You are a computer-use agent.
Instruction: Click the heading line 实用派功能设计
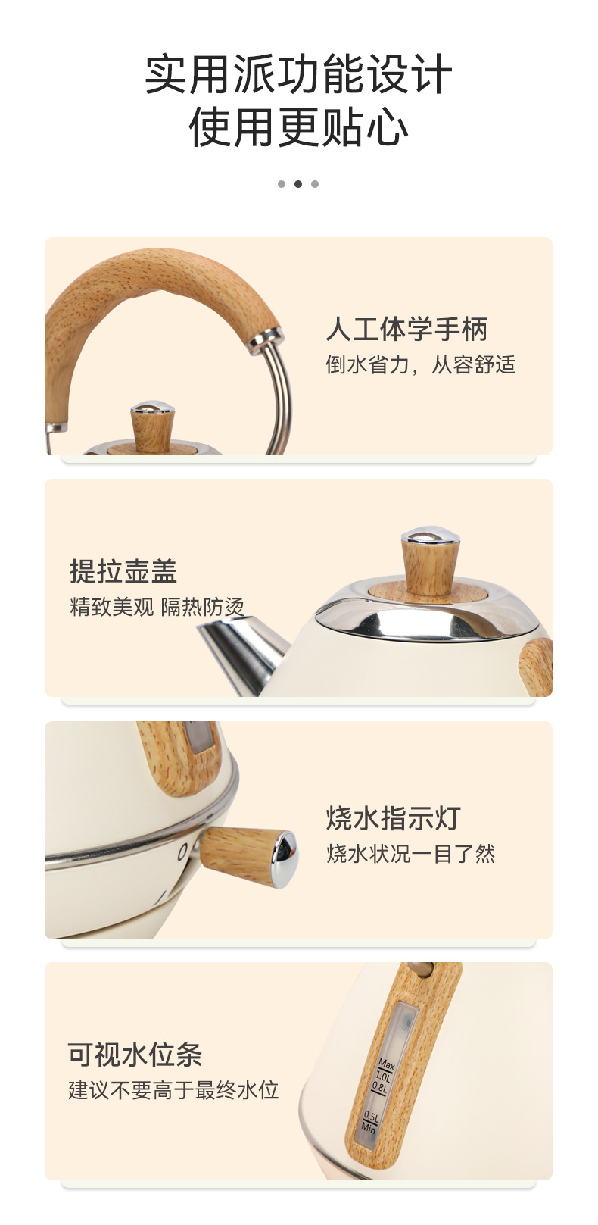[x=298, y=74]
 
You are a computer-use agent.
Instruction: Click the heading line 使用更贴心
[x=298, y=127]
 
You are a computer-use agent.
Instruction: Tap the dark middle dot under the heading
[x=298, y=184]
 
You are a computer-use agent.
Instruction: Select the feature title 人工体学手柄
[x=406, y=329]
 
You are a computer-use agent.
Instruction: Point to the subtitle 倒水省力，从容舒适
[x=420, y=365]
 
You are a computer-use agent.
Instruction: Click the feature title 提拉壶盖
[x=123, y=571]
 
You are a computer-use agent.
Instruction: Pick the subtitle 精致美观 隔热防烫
[x=157, y=607]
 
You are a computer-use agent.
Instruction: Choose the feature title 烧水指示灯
[x=393, y=818]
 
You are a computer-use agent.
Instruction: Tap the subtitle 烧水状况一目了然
[x=410, y=854]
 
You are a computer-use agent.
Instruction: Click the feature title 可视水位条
[x=135, y=1054]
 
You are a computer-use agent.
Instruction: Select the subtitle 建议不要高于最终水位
[x=173, y=1090]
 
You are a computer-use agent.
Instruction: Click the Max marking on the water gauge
[x=386, y=1065]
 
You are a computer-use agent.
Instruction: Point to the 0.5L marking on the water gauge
[x=371, y=1116]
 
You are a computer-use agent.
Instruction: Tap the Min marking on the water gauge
[x=369, y=1127]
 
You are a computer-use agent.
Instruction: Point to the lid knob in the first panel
[x=152, y=428]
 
